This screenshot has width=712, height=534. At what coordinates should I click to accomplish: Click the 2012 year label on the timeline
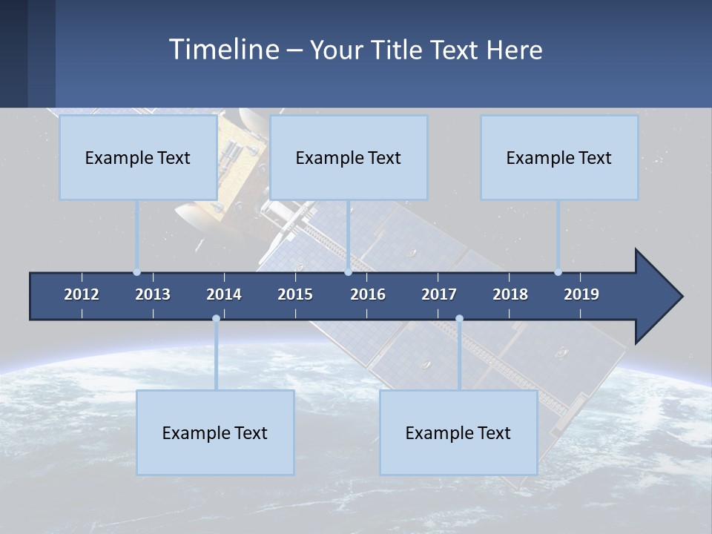click(x=82, y=294)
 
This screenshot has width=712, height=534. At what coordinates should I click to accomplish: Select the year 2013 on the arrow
click(x=153, y=294)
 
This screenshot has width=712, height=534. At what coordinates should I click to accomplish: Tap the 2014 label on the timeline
click(x=224, y=294)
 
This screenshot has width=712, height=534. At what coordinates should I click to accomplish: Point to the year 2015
click(x=295, y=294)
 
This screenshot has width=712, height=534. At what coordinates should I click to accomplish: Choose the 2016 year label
click(x=368, y=294)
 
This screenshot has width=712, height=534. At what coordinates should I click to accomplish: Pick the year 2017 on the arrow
click(x=439, y=294)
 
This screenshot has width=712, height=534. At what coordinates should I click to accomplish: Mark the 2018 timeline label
click(x=510, y=294)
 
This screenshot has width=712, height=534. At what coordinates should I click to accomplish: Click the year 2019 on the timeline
click(x=581, y=294)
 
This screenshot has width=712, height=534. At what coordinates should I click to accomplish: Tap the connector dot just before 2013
click(x=137, y=272)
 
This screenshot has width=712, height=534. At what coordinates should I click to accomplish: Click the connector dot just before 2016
click(x=349, y=272)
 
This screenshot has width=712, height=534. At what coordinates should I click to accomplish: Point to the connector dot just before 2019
click(x=558, y=272)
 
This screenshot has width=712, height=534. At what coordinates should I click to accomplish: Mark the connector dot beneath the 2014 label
click(x=216, y=319)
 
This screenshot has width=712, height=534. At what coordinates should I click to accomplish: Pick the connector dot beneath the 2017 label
click(x=459, y=319)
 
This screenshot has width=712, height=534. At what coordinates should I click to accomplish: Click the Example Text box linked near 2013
click(x=138, y=157)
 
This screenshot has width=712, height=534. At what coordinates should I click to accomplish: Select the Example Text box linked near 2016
click(x=349, y=157)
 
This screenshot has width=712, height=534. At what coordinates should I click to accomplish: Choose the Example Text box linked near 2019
click(x=559, y=157)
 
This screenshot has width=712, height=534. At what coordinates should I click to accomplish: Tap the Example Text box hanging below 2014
click(x=215, y=432)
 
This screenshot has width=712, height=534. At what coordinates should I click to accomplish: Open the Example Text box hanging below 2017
click(x=458, y=432)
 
